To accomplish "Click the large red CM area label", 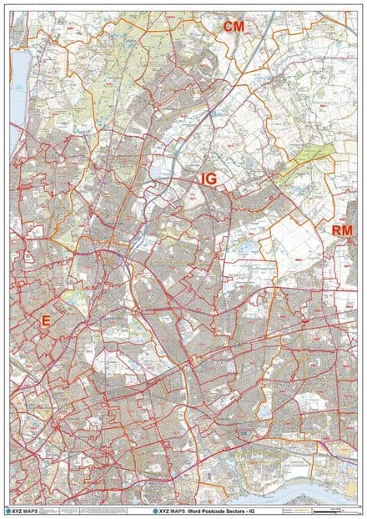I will tap(234, 27).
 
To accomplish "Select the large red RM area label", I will tap(342, 230).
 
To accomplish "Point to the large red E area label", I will tap(45, 320).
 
